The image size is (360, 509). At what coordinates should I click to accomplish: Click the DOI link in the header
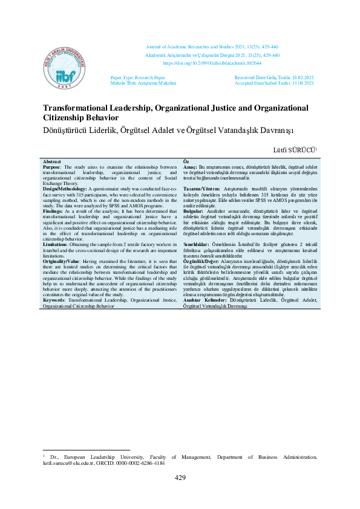[212, 63]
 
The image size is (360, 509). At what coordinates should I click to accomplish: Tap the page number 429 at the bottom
[180, 478]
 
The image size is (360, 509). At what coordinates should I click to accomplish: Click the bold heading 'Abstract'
[52, 162]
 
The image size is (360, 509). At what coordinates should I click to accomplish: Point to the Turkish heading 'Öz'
[186, 162]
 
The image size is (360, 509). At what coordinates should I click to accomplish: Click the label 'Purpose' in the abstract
[53, 167]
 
